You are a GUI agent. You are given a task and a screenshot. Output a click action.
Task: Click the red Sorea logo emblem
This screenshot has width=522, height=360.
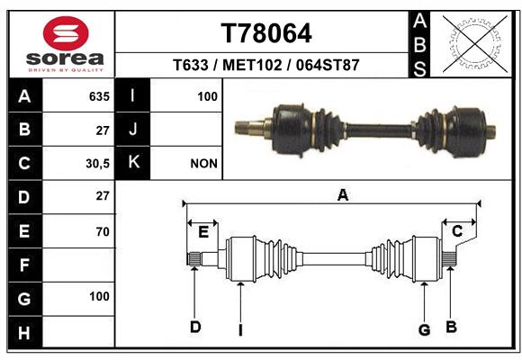point(66,33)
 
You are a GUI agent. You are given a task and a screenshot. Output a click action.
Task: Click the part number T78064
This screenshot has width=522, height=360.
point(266,33)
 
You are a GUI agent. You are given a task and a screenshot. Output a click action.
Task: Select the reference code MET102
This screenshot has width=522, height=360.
point(252,65)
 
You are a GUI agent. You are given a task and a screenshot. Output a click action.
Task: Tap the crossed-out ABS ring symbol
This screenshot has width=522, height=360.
point(475,44)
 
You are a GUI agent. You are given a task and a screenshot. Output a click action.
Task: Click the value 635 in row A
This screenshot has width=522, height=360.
point(99,96)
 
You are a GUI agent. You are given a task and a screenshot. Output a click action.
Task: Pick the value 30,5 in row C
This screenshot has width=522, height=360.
point(97,164)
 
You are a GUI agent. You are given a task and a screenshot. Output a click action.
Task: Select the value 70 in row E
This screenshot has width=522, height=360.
point(103,231)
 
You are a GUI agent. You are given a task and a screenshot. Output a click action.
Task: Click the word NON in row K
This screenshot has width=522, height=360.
point(203,164)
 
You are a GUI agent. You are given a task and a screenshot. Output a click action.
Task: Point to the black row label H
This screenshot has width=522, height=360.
point(25,332)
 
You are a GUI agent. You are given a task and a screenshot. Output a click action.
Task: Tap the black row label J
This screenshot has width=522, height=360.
point(132,130)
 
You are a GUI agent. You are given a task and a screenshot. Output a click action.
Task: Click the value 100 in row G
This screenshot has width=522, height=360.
point(99,296)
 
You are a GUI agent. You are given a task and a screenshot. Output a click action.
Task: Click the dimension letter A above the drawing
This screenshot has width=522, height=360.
point(343,195)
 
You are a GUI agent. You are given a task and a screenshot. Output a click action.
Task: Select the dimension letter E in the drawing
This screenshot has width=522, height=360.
point(203,232)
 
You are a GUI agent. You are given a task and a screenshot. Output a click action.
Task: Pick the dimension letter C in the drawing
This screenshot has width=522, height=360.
point(457,231)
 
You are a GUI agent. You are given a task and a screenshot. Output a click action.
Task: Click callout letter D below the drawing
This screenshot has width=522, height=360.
point(195,327)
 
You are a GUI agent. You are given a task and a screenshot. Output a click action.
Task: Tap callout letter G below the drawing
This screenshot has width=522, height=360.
point(424,329)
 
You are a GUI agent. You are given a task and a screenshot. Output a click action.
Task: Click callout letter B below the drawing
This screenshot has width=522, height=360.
point(451,327)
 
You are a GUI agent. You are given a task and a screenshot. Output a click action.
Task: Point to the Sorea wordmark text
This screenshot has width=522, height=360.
point(65,58)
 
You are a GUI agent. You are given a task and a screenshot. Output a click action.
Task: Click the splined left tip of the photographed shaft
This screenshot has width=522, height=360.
point(242,128)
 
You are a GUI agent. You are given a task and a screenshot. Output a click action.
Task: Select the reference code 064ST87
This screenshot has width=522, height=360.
point(328,65)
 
